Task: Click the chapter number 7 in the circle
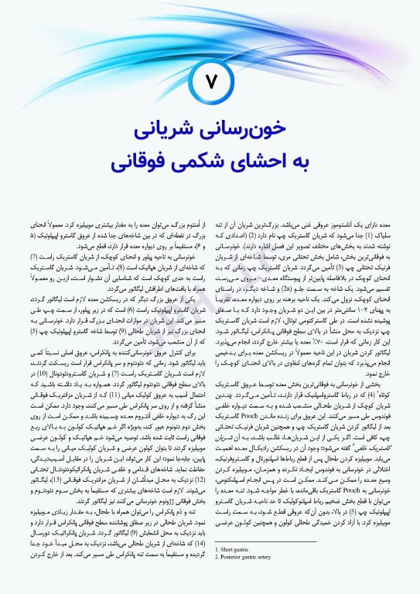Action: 210,81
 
